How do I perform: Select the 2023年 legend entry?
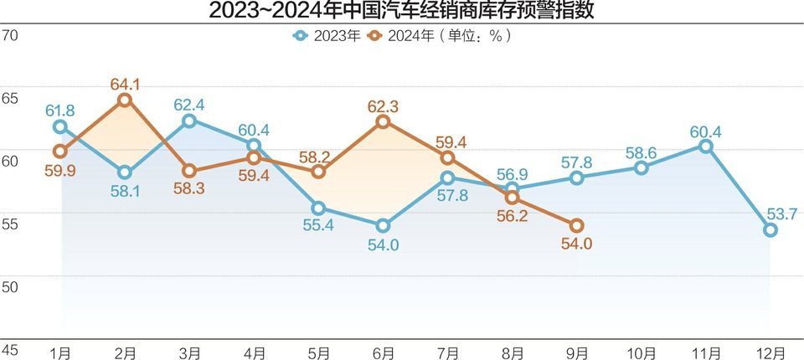coord(326,36)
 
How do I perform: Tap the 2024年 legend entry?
coord(402,36)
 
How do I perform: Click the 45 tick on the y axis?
coord(10,349)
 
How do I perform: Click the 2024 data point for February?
coord(125,100)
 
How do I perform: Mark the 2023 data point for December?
coord(770,230)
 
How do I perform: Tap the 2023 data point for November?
coord(705,146)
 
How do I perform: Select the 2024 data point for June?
coord(383,122)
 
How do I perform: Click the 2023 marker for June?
coord(383,225)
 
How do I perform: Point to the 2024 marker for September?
coord(576,225)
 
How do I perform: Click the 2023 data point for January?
coord(60,126)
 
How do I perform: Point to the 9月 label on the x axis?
coord(576,353)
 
